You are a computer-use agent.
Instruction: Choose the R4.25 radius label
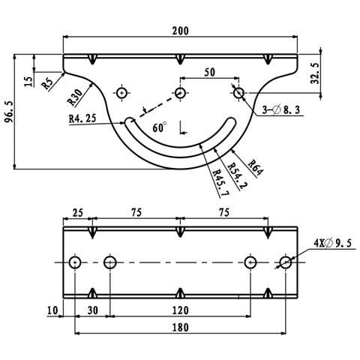tap(82, 118)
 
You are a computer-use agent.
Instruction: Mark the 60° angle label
tap(159, 128)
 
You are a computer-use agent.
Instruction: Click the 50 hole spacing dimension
tap(208, 71)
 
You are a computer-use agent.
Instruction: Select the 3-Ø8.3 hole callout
tap(283, 109)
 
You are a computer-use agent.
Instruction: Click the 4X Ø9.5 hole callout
tap(332, 242)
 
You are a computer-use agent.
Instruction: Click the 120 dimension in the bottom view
tap(179, 308)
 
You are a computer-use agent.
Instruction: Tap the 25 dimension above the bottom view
tap(77, 213)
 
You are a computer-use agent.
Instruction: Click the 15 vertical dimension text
tap(28, 80)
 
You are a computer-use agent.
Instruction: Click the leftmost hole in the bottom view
tap(74, 262)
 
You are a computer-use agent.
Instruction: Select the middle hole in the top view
tap(180, 93)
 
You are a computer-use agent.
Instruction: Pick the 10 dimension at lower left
tap(51, 308)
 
